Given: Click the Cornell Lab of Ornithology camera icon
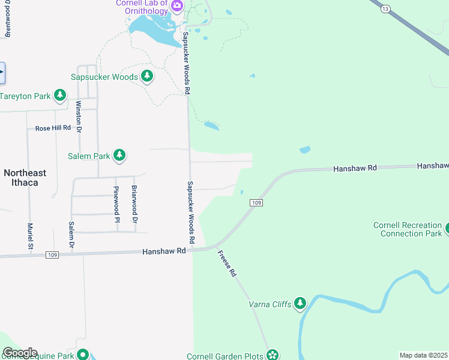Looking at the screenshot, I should (176, 7).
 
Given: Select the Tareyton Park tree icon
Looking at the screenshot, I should (59, 95).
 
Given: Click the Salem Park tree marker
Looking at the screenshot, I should (119, 155).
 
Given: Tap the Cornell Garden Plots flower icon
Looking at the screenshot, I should (273, 355).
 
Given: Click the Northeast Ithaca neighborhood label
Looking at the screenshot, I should (25, 177).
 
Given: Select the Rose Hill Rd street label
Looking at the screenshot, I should (53, 128).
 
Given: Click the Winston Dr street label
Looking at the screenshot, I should (78, 116).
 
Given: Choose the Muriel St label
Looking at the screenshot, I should (29, 236).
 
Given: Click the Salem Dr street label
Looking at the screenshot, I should (71, 236).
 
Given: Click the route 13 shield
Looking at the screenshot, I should (385, 8).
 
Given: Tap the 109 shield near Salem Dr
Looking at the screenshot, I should (52, 256).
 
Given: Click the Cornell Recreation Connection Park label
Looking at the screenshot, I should (406, 229).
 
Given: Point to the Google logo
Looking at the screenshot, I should (20, 352).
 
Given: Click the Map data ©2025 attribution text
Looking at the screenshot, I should (423, 355).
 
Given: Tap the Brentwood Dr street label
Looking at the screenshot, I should (8, 20).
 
